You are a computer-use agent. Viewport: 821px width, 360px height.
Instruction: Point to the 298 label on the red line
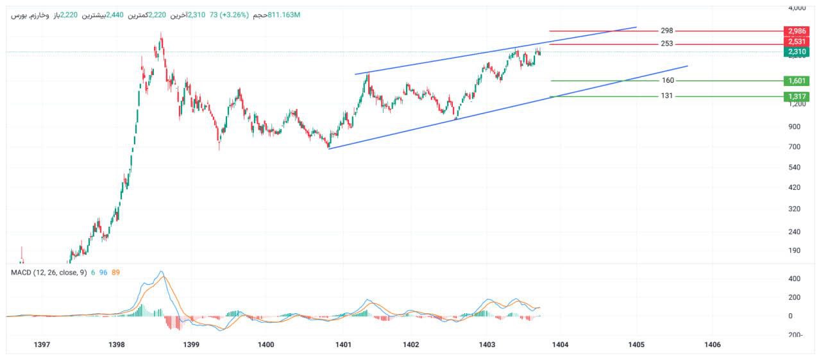tap(667, 31)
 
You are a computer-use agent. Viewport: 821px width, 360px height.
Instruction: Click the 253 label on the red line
tap(667, 44)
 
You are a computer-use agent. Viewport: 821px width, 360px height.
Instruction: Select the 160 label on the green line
tap(668, 80)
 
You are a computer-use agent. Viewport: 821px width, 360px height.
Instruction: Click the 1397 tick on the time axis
tap(42, 345)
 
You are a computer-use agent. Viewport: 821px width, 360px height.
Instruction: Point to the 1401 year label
tap(343, 345)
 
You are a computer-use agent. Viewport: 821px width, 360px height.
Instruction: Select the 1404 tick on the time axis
tap(560, 345)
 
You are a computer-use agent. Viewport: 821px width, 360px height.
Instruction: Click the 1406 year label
tap(712, 345)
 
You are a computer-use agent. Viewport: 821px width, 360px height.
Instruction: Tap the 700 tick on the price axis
tap(794, 147)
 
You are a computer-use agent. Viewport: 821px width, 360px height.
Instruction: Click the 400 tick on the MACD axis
tap(794, 279)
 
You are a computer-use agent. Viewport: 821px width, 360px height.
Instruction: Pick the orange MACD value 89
tap(115, 272)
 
